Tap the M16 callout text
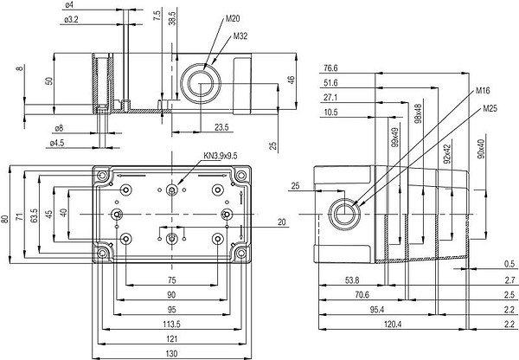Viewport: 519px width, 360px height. click(484, 89)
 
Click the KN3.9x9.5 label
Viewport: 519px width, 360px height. click(220, 156)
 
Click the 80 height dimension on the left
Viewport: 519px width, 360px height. click(6, 218)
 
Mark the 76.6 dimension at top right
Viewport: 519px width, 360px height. click(330, 67)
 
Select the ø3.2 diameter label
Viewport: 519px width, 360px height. click(73, 18)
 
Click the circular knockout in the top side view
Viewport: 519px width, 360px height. click(202, 87)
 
